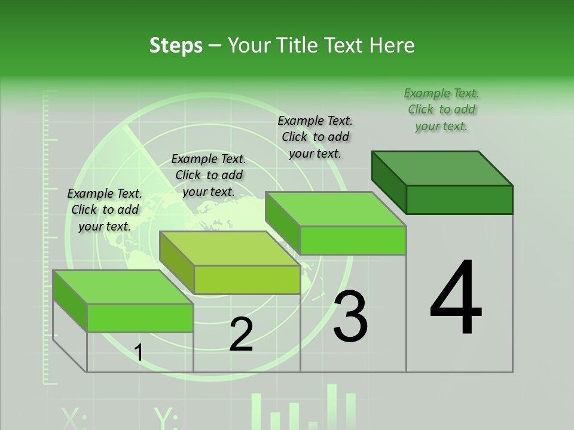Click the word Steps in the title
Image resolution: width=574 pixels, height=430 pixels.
tap(176, 46)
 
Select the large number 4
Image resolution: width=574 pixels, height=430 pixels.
tap(456, 299)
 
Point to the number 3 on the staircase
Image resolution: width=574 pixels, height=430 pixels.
tap(350, 317)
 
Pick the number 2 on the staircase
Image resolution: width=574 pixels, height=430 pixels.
tap(241, 334)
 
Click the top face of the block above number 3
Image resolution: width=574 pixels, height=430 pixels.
tap(335, 209)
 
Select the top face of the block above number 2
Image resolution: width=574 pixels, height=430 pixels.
tap(230, 248)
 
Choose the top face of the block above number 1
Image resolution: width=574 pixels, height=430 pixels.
tap(123, 287)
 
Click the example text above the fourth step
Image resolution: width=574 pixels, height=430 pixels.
tap(441, 109)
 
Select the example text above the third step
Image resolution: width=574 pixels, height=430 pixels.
tap(315, 137)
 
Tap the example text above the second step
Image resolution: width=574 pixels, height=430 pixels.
tap(209, 175)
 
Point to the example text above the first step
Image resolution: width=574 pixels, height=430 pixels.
tap(105, 210)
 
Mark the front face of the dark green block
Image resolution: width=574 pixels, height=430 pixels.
tap(459, 199)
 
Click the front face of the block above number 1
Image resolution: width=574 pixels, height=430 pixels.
tap(140, 318)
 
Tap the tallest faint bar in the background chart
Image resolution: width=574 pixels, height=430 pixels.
tap(332, 406)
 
